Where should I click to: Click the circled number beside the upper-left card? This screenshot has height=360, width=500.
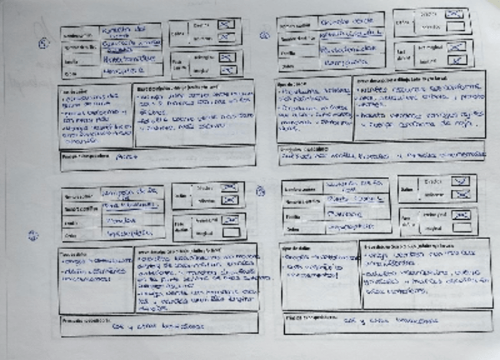[43, 44]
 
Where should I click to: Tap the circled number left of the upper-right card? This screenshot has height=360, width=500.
[265, 35]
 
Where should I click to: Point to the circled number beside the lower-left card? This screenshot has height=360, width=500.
[33, 235]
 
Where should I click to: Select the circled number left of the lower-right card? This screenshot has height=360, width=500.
[260, 190]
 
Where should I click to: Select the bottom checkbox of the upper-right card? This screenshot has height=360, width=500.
[456, 60]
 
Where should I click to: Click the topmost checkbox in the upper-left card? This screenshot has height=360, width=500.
[226, 25]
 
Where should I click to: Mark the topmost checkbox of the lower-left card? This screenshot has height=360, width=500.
[229, 187]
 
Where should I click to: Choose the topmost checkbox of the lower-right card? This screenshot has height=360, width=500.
[460, 181]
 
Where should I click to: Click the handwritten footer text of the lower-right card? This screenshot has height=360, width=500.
[392, 321]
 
